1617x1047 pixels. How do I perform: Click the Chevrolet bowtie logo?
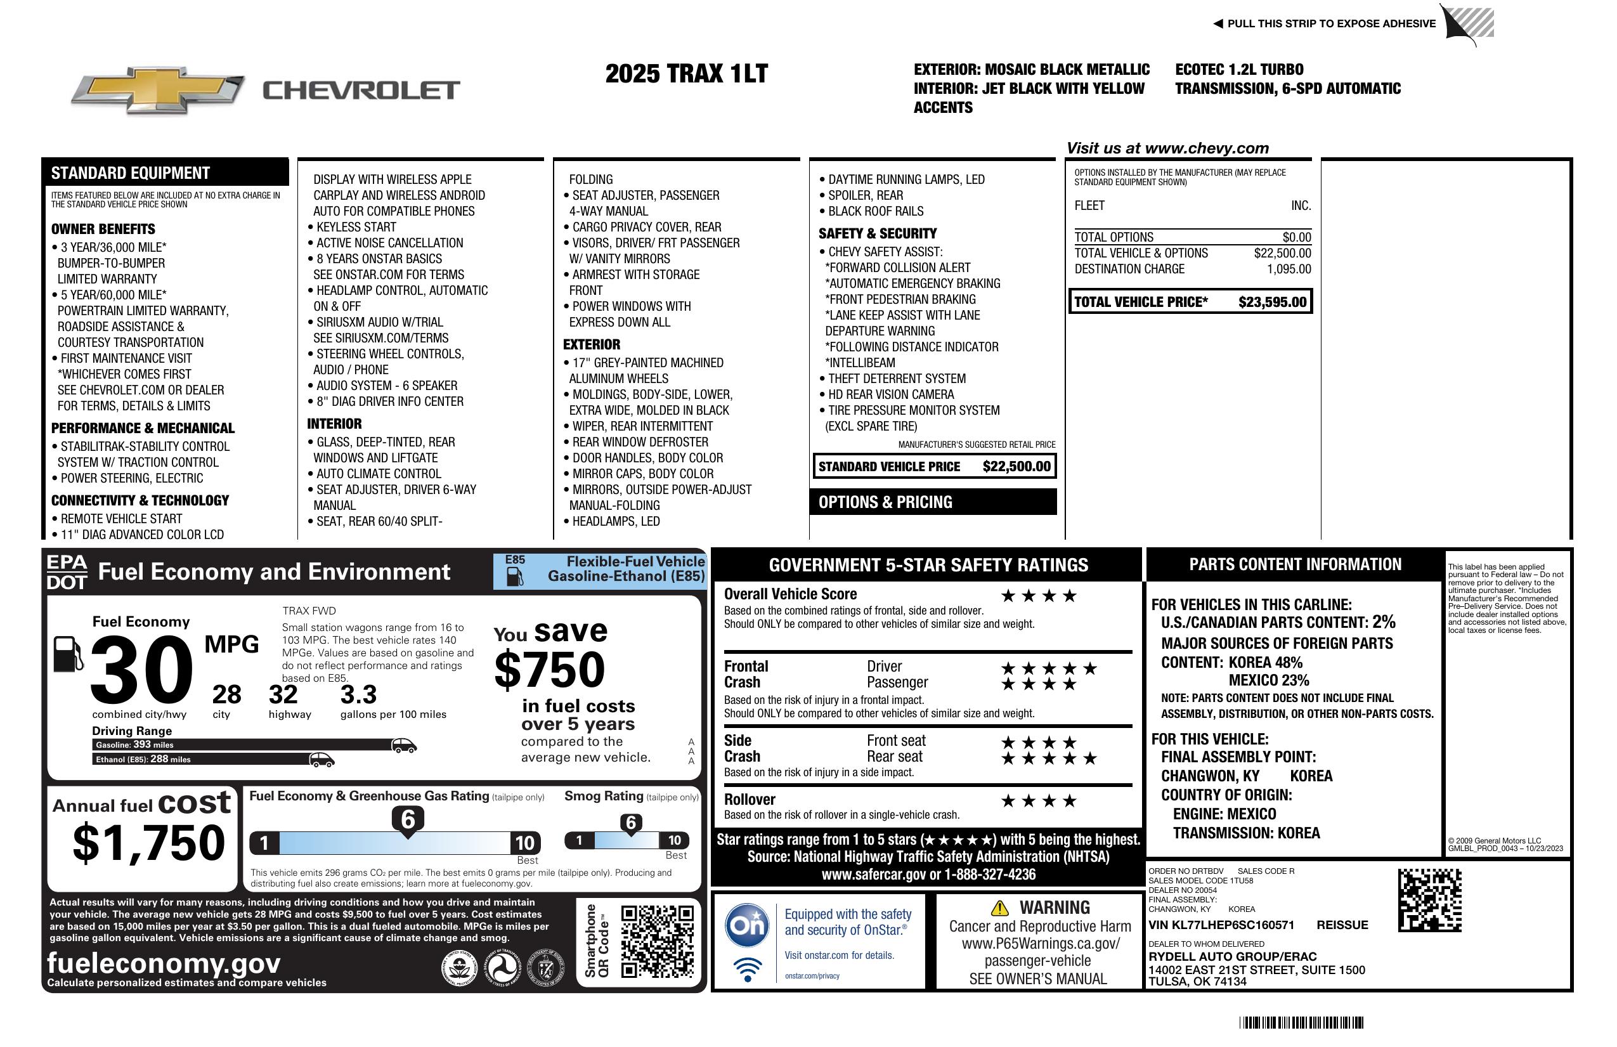(x=158, y=89)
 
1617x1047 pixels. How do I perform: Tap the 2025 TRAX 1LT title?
(x=686, y=74)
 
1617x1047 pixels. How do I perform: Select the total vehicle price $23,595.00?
(x=1272, y=302)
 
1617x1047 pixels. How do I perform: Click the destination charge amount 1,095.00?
(x=1289, y=269)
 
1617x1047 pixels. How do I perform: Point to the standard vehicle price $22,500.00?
(x=1016, y=467)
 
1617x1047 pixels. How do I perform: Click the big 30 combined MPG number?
(x=141, y=670)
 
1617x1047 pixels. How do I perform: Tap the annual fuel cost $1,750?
(x=149, y=843)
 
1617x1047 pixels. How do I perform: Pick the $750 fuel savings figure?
(x=550, y=670)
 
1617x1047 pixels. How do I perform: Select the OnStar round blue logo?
(x=747, y=925)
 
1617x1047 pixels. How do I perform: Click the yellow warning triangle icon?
(x=999, y=907)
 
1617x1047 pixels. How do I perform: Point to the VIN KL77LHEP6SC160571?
(x=1221, y=925)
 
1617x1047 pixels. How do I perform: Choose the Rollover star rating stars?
(x=1039, y=801)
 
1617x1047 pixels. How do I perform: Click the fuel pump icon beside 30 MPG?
(x=68, y=654)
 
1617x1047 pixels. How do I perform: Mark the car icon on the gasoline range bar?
(x=403, y=745)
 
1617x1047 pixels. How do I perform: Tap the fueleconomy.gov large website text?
(x=164, y=963)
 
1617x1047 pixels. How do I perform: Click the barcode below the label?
(x=1301, y=1022)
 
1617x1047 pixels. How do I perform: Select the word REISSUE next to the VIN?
(x=1342, y=925)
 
